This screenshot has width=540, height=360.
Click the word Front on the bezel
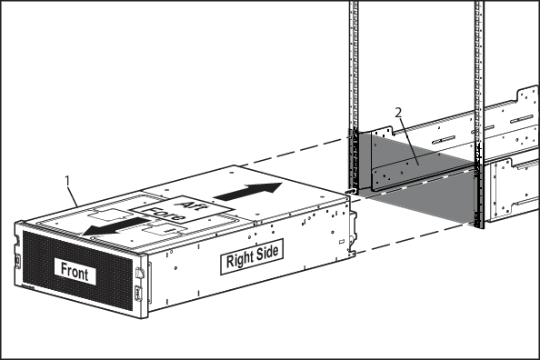coord(75,272)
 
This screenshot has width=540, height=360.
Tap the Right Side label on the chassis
coord(252,256)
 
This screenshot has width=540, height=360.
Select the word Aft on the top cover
coord(192,205)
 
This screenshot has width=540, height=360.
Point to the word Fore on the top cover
coord(165,214)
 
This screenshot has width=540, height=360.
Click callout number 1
coord(67,181)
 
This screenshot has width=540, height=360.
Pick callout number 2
coord(398,113)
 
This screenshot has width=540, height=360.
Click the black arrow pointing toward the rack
coord(247,191)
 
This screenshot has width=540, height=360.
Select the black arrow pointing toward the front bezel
coord(116,226)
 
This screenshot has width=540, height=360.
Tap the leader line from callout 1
coord(73,195)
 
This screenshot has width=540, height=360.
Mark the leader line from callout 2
coord(409,141)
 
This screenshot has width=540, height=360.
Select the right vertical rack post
coord(479,115)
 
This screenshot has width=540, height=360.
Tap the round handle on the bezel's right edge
coord(139,273)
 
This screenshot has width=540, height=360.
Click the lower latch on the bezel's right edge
coord(138,293)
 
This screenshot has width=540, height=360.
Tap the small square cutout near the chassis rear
coord(342,242)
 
